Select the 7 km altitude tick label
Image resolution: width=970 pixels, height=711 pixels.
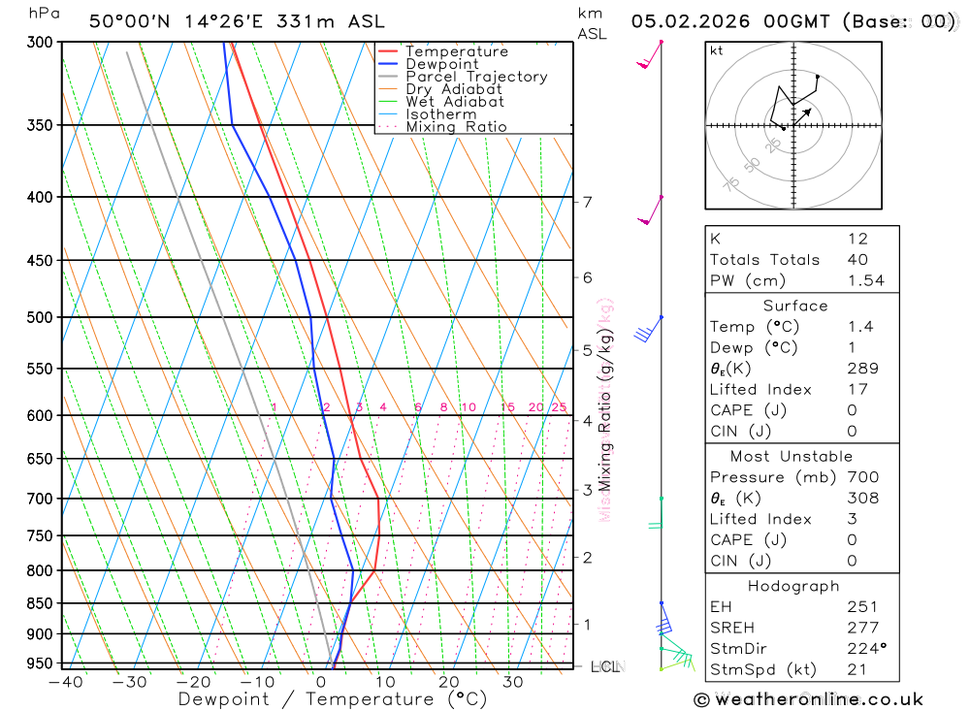[588, 202]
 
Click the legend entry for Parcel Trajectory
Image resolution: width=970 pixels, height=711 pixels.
[476, 77]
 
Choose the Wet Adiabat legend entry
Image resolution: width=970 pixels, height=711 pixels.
[455, 102]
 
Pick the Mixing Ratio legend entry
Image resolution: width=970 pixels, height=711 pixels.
[456, 127]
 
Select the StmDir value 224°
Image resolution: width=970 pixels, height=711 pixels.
[866, 648]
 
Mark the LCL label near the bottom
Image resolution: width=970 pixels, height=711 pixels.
[605, 666]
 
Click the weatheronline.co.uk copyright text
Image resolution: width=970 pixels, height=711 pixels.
[809, 698]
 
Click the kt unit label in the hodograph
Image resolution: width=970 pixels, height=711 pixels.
[717, 50]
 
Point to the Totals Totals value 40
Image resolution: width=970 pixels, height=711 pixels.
[857, 259]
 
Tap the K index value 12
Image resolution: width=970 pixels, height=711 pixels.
[857, 239]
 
